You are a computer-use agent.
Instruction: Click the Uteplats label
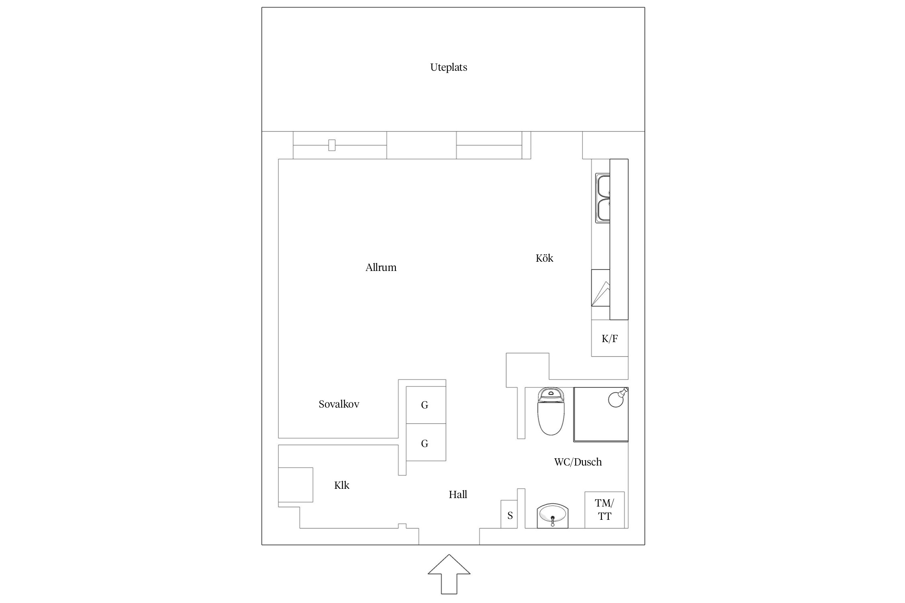pyautogui.click(x=448, y=68)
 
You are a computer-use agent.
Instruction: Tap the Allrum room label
pyautogui.click(x=381, y=267)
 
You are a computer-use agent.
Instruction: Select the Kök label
pyautogui.click(x=544, y=258)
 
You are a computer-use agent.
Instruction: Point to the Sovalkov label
pyautogui.click(x=339, y=404)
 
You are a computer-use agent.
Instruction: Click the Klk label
pyautogui.click(x=341, y=485)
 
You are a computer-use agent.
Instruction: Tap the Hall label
pyautogui.click(x=458, y=494)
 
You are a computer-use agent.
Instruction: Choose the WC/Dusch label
pyautogui.click(x=578, y=462)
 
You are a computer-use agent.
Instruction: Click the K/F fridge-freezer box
pyautogui.click(x=610, y=338)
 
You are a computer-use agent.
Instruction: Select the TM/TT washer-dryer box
pyautogui.click(x=605, y=510)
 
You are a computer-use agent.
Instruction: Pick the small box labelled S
pyautogui.click(x=509, y=514)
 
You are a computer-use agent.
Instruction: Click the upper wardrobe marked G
pyautogui.click(x=426, y=405)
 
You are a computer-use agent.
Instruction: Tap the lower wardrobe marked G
pyautogui.click(x=426, y=442)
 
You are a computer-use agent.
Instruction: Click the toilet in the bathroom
pyautogui.click(x=551, y=411)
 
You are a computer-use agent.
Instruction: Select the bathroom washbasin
pyautogui.click(x=553, y=515)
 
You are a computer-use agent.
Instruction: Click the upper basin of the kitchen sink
pyautogui.click(x=603, y=186)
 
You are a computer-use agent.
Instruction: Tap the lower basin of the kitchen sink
pyautogui.click(x=603, y=210)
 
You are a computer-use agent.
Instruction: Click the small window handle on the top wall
pyautogui.click(x=332, y=145)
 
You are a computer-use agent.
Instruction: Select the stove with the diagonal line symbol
pyautogui.click(x=601, y=288)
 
